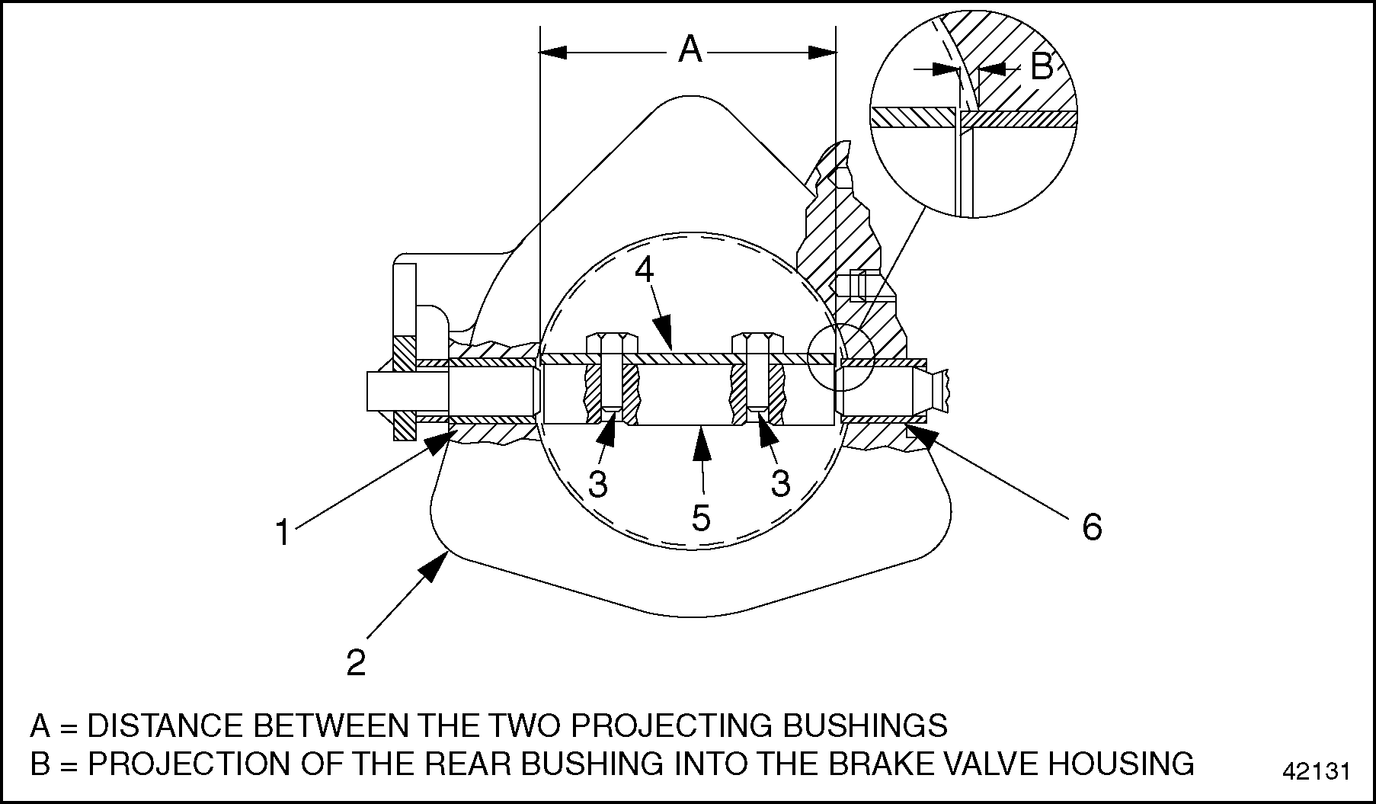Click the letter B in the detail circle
pos(1041,67)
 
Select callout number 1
pos(283,533)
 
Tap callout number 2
pos(356,663)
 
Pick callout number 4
pos(645,270)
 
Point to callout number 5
pos(701,517)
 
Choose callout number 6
pos(1092,527)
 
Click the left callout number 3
pos(599,483)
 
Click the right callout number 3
pos(780,483)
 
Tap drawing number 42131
pos(1316,771)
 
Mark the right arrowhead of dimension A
pos(822,52)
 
